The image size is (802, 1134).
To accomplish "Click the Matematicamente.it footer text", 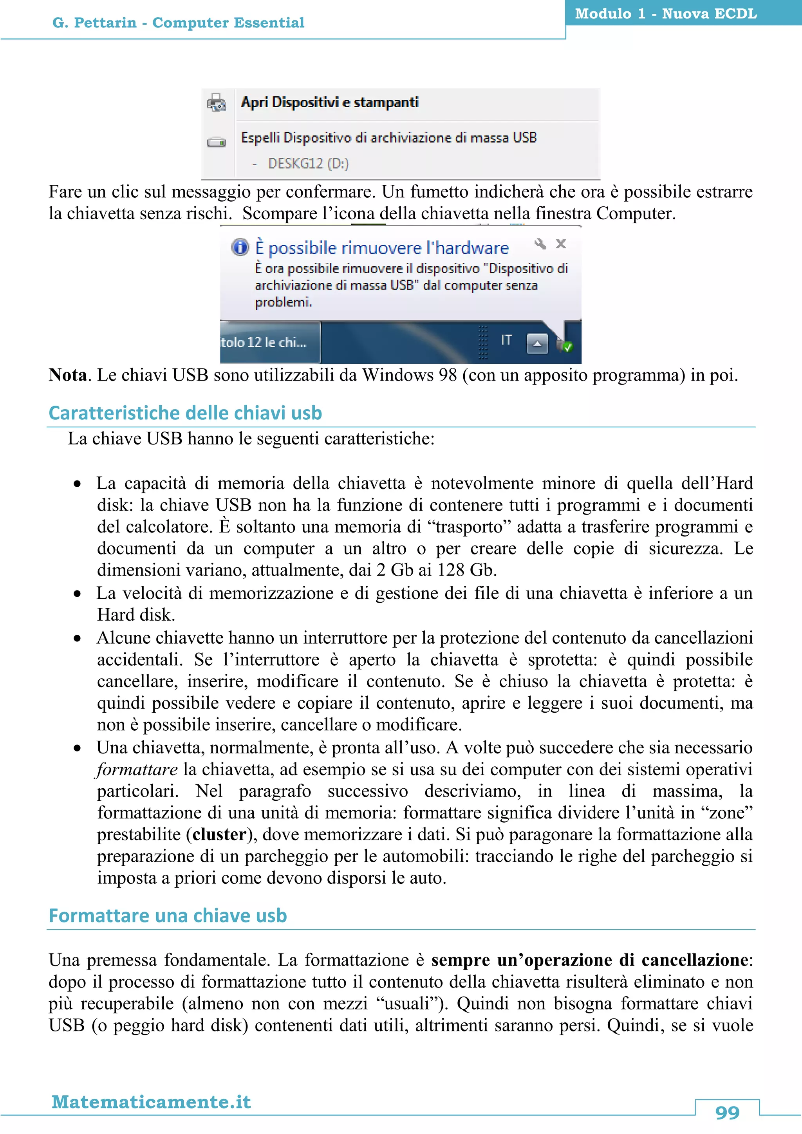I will click(x=151, y=1102).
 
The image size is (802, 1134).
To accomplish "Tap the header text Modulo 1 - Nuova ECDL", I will click(x=666, y=13).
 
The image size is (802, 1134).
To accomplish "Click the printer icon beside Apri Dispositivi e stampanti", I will click(x=216, y=103).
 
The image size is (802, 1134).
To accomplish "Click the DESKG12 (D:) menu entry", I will click(x=308, y=163).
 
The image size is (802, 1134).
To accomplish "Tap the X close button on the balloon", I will click(x=560, y=244).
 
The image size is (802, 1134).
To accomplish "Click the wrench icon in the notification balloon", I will click(x=540, y=244).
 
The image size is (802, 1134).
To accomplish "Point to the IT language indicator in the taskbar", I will click(x=506, y=340).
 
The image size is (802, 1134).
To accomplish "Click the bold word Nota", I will click(x=68, y=376).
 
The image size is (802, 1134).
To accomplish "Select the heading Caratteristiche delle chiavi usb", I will click(x=185, y=413).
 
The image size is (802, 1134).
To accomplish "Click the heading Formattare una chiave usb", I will click(x=168, y=916).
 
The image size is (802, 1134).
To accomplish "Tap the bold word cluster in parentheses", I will click(x=219, y=834).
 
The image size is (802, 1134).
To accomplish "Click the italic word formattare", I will click(x=137, y=769).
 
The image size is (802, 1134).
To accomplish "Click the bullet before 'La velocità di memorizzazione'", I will click(x=77, y=594).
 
